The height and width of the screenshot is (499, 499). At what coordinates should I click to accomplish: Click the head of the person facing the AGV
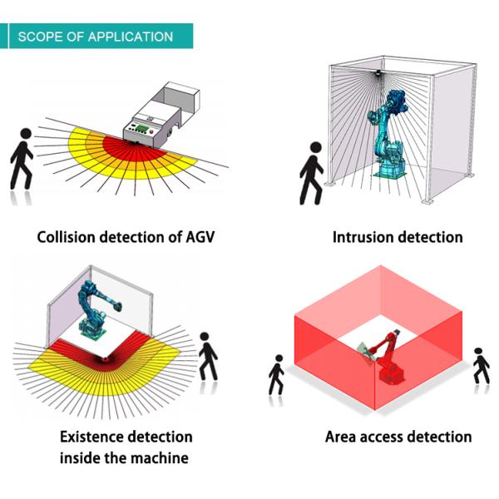26,133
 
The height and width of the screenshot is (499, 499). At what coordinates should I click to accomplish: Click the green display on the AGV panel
143,130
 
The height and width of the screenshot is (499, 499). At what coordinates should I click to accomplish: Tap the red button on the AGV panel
151,132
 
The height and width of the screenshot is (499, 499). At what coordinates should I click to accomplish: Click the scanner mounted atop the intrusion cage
378,72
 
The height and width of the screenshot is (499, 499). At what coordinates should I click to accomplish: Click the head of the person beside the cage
316,147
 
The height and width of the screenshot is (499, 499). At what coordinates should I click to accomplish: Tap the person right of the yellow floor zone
208,357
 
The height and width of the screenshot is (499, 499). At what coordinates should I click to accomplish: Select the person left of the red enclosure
276,376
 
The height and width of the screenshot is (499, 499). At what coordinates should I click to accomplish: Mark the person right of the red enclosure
481,366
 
